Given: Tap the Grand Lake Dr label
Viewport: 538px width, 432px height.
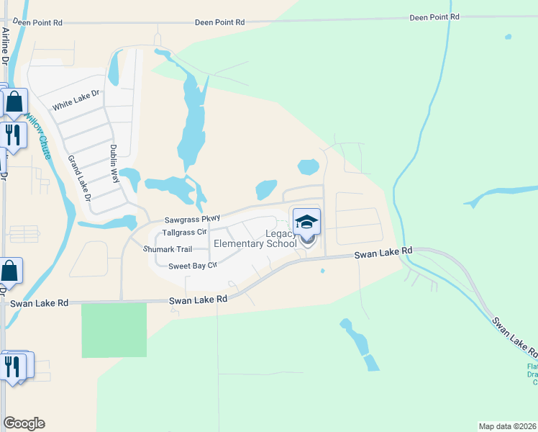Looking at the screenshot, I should pos(78,177).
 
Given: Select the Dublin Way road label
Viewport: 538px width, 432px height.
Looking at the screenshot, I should pos(114,165).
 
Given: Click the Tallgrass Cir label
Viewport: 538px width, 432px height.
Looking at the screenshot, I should pos(185,233).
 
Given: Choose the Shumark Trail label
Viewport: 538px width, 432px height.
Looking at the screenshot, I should pos(168,249).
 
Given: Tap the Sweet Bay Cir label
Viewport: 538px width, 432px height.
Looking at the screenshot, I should pos(193,266).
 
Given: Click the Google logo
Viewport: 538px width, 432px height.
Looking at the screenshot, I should pos(24,423).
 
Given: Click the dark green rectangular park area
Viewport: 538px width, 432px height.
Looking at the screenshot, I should pos(114,330).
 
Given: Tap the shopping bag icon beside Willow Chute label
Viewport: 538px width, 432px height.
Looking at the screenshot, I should pos(14,104).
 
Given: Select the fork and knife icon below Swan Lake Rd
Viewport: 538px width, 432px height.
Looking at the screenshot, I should pos(13,366).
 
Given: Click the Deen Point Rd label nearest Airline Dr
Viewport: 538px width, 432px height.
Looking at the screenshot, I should pos(37,23).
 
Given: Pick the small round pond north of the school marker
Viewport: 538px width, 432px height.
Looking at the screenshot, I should pos(309,167).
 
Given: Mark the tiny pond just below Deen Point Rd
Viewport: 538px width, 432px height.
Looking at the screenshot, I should pos(509,36).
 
